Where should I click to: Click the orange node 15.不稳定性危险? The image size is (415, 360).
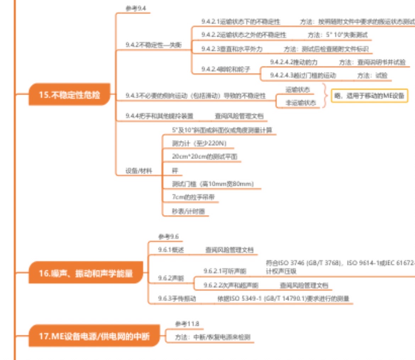click(69, 95)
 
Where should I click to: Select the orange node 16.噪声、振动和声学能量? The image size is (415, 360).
click(85, 273)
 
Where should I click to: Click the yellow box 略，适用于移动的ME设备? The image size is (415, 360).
click(369, 96)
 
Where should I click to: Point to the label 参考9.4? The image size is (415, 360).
click(135, 9)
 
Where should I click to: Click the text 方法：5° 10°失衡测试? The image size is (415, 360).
click(337, 35)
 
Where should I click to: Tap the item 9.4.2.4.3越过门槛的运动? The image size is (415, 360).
click(303, 75)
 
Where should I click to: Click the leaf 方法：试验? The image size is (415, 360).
click(372, 75)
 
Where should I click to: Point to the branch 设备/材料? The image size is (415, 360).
click(139, 171)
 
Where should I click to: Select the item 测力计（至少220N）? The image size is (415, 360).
click(199, 143)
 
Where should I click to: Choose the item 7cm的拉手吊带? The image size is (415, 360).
click(193, 197)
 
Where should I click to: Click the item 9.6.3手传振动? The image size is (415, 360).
click(177, 299)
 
